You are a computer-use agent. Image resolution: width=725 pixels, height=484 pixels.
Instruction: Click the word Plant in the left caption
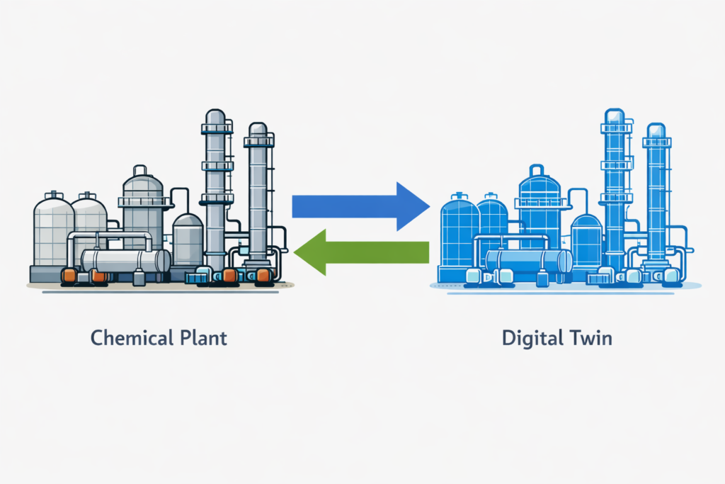tap(202, 337)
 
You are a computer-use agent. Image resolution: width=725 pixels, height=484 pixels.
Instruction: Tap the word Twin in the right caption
tap(591, 337)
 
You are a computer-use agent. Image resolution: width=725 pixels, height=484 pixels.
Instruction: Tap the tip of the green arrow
tap(295, 252)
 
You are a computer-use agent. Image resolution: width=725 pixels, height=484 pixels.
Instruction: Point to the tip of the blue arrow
tap(428, 206)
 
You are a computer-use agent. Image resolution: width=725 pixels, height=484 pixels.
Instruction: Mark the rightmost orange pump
tap(262, 275)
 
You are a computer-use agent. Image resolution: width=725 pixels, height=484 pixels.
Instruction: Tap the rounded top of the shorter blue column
tap(656, 130)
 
